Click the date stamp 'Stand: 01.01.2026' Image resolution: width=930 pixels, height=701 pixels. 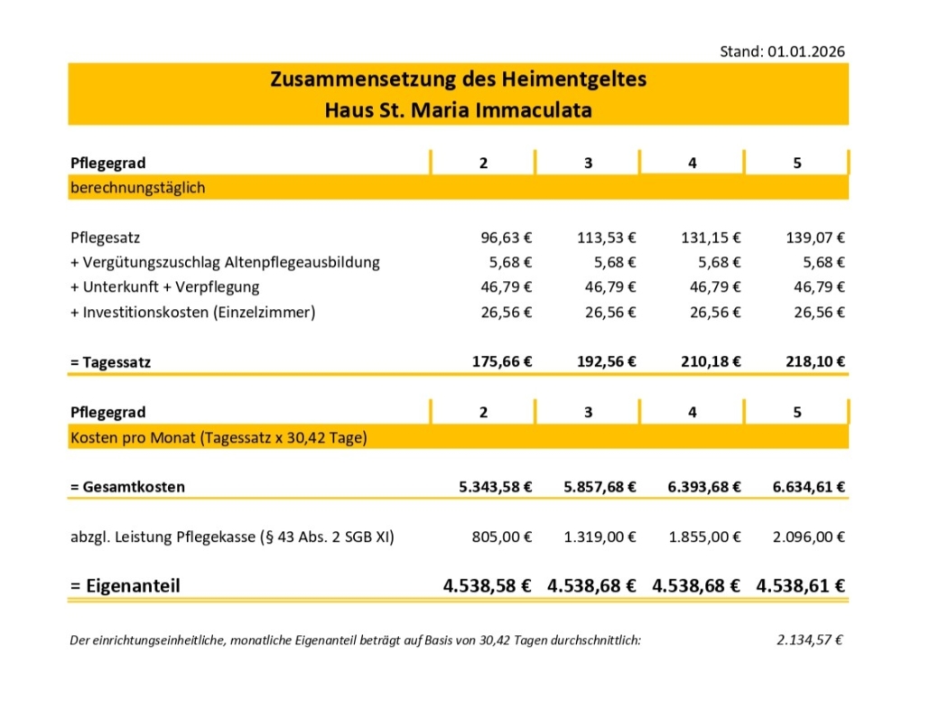[x=782, y=51]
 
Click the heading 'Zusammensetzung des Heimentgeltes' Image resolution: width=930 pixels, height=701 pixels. [x=458, y=79]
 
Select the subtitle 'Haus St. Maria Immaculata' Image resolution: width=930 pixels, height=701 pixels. [x=458, y=111]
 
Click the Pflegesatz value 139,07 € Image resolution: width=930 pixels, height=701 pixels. [x=815, y=238]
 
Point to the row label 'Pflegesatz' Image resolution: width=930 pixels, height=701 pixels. [x=105, y=238]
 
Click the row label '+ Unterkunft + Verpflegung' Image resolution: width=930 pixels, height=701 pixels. [x=164, y=287]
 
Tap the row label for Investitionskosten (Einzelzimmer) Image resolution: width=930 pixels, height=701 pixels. [x=193, y=313]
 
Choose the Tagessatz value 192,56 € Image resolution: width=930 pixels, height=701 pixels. [x=607, y=361]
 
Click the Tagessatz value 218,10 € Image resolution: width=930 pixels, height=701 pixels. [x=815, y=361]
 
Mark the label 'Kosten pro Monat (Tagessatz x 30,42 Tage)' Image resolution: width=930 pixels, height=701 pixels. [x=218, y=438]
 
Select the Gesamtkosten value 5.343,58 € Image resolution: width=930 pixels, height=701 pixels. [x=496, y=487]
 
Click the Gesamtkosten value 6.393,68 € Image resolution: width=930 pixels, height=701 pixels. [x=705, y=487]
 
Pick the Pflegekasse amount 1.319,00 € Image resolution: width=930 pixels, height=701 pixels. [x=600, y=537]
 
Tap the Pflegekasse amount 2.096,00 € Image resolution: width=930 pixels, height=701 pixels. [x=809, y=537]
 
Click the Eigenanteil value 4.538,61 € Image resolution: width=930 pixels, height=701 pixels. [x=801, y=585]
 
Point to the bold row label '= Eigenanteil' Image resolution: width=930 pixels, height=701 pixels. [x=126, y=585]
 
